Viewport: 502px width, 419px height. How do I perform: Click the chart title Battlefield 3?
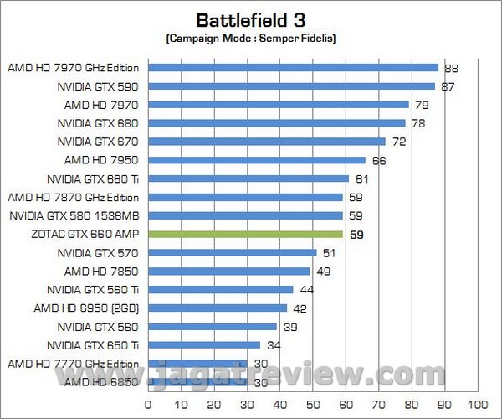(x=249, y=19)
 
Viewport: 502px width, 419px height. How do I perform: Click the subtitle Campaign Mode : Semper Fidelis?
(x=250, y=39)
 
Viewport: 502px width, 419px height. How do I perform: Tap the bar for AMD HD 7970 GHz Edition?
(x=293, y=68)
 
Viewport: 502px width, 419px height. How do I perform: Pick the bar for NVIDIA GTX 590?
(x=291, y=86)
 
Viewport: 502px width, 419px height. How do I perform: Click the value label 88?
(x=450, y=69)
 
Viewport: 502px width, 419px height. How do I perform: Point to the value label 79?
(x=421, y=106)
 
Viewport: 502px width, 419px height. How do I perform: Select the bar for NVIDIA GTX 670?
(x=266, y=142)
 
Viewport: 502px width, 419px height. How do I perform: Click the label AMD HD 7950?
(x=101, y=160)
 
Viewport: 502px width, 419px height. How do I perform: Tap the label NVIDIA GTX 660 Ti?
(x=92, y=178)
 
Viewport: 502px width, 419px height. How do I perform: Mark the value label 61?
(x=361, y=179)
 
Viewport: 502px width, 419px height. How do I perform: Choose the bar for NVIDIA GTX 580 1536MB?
(x=245, y=215)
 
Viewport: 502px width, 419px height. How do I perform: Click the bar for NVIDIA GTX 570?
(x=232, y=252)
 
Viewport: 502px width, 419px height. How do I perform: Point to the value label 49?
(x=322, y=272)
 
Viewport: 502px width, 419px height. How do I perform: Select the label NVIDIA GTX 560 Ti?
(x=92, y=289)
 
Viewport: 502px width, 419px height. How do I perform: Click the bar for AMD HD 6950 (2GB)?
(x=217, y=308)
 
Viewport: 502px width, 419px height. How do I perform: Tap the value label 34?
(x=273, y=345)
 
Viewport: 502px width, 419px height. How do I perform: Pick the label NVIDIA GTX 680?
(x=98, y=123)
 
